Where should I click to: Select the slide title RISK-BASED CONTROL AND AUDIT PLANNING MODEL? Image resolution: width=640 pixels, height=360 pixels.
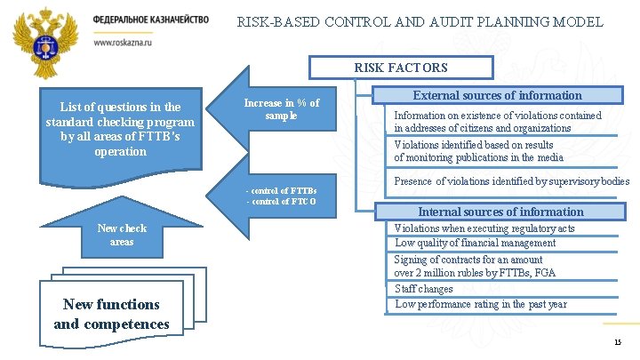tap(420, 22)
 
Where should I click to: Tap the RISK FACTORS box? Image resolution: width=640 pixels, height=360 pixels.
tap(401, 68)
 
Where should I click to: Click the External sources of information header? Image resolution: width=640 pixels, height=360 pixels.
tap(498, 95)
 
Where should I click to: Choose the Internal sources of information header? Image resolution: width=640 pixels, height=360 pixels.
tap(500, 212)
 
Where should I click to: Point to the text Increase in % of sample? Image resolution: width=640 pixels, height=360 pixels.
tap(281, 109)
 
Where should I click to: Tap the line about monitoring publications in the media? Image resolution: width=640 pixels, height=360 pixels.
tap(478, 157)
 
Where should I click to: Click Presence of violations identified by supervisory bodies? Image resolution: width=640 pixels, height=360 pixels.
tap(511, 181)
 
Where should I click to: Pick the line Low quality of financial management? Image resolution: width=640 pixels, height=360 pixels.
tap(476, 243)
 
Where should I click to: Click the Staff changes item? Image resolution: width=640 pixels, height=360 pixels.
tap(424, 289)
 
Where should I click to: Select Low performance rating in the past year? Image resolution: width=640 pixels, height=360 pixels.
tap(481, 304)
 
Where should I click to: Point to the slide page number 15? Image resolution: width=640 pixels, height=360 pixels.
tap(617, 343)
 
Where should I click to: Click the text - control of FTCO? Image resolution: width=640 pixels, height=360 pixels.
tap(280, 202)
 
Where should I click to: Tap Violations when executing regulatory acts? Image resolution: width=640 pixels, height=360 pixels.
tap(484, 228)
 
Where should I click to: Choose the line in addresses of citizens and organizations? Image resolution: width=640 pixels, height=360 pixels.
tap(483, 128)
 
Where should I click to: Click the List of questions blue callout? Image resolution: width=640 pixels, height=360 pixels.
tap(120, 129)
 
